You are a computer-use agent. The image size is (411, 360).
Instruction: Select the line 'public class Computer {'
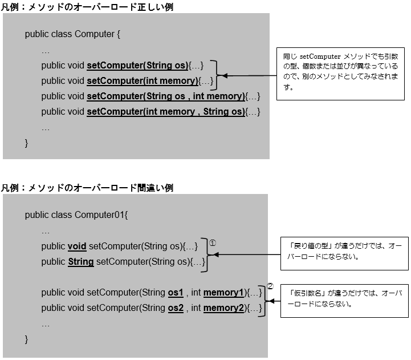pyautogui.click(x=73, y=34)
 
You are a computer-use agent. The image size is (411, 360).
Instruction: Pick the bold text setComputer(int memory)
pyautogui.click(x=143, y=80)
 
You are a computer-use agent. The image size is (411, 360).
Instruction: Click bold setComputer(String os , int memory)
pyautogui.click(x=165, y=96)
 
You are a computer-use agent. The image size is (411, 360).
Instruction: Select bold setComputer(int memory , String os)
pyautogui.click(x=165, y=112)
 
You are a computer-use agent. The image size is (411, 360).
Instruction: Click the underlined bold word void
pyautogui.click(x=77, y=246)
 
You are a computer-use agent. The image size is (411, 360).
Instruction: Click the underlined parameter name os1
pyautogui.click(x=176, y=293)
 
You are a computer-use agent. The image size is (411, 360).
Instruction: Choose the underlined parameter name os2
pyautogui.click(x=176, y=308)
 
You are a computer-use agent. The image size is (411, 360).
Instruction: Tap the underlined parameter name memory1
pyautogui.click(x=224, y=293)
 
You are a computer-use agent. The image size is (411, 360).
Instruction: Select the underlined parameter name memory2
pyautogui.click(x=224, y=308)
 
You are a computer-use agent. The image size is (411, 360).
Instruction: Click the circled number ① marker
pyautogui.click(x=213, y=242)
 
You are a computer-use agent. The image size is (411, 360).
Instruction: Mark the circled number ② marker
pyautogui.click(x=270, y=286)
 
